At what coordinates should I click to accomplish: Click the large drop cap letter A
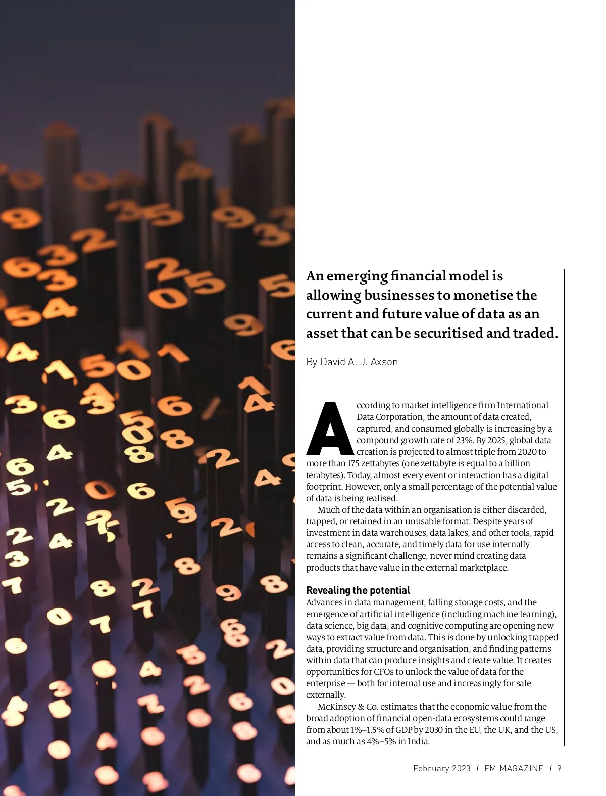[330, 429]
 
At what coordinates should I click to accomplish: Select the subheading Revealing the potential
[358, 590]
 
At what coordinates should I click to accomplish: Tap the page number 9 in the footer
[559, 768]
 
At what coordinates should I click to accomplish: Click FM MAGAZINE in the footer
[514, 768]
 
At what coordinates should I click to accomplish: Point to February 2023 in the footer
[441, 768]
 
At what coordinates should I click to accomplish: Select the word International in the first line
[522, 405]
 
